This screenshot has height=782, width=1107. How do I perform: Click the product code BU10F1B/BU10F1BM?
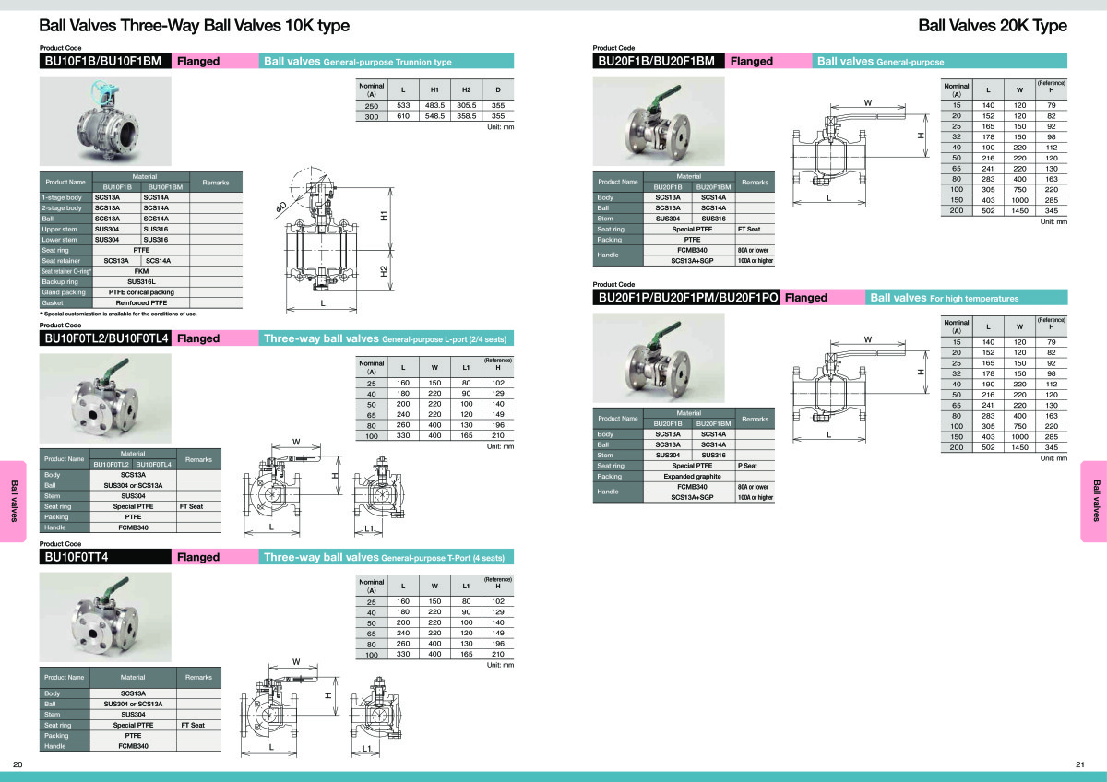tap(103, 61)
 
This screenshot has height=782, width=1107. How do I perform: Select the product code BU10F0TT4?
tap(82, 557)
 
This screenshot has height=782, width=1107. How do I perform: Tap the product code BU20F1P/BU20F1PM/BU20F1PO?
tap(688, 298)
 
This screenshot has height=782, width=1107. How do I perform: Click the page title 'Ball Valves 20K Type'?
tap(993, 26)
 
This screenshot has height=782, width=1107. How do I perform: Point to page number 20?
tap(18, 764)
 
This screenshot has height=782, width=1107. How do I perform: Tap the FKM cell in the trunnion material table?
tap(141, 271)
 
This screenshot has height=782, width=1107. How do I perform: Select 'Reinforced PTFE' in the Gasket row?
tap(141, 302)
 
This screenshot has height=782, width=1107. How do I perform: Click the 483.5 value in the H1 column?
tap(434, 106)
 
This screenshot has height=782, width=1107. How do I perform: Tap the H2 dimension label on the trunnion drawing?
tap(384, 273)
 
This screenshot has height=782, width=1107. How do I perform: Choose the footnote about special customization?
tap(117, 314)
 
